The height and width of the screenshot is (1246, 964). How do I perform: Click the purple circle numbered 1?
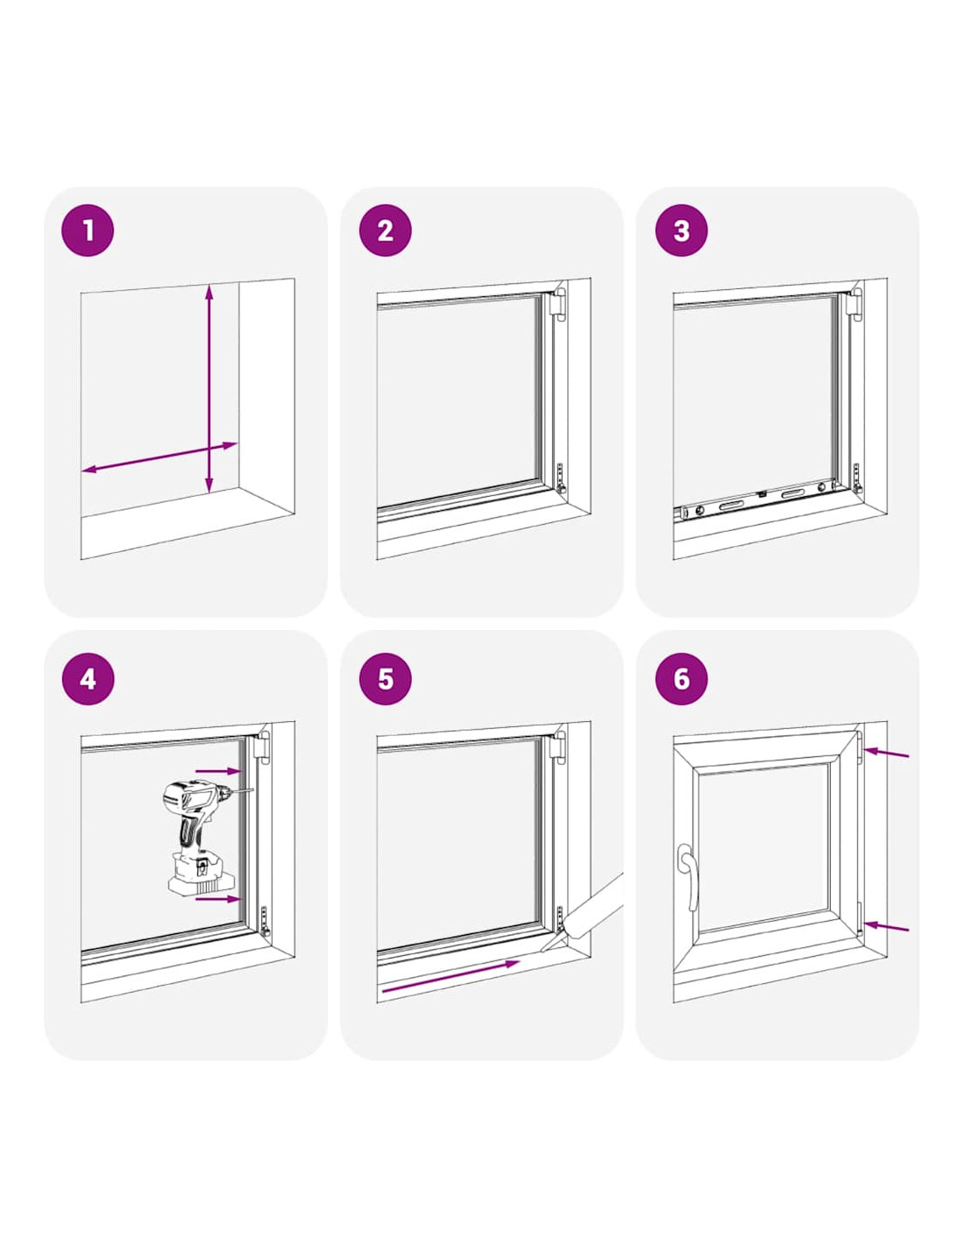[x=88, y=230]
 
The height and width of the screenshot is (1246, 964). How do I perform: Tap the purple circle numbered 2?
[x=386, y=230]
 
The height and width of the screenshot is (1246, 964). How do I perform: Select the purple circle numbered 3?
[x=681, y=230]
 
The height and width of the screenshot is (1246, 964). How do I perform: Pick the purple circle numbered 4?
[x=88, y=679]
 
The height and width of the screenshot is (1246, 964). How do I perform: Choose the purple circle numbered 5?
[x=386, y=679]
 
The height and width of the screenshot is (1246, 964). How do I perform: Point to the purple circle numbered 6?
[x=681, y=679]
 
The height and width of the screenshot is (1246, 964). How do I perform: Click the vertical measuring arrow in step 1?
[x=209, y=388]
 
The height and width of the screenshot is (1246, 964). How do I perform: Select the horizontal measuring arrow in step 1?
[x=160, y=457]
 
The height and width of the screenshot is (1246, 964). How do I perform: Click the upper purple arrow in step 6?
[x=887, y=753]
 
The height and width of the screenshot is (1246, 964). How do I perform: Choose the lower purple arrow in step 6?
[x=887, y=927]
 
